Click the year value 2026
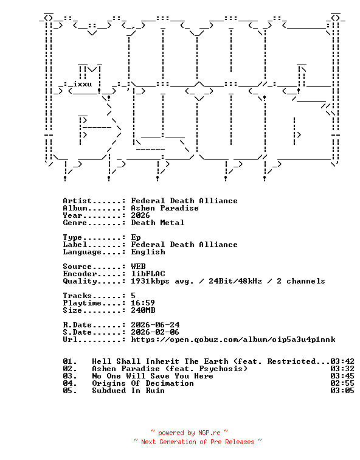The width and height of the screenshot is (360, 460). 140,215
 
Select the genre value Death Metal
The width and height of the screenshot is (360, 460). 157,223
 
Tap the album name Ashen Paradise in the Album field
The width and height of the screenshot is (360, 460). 165,208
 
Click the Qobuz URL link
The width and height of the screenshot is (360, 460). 233,340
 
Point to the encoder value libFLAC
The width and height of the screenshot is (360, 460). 148,274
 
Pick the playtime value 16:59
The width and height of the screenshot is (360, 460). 143,303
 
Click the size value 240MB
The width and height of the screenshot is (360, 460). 143,310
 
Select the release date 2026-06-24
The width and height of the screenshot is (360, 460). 155,325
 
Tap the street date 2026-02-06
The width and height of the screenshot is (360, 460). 155,332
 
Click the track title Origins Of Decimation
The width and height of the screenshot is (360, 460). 143,383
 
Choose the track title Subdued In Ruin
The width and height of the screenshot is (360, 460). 128,391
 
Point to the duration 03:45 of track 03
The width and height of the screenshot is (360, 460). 342,376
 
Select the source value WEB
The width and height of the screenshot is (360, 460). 138,267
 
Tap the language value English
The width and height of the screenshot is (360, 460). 148,252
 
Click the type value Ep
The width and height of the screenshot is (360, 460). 136,237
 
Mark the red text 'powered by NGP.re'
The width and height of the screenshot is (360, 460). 189,433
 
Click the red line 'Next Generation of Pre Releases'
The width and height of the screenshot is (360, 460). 198,442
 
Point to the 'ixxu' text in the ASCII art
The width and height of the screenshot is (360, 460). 82,84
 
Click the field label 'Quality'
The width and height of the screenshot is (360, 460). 80,281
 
